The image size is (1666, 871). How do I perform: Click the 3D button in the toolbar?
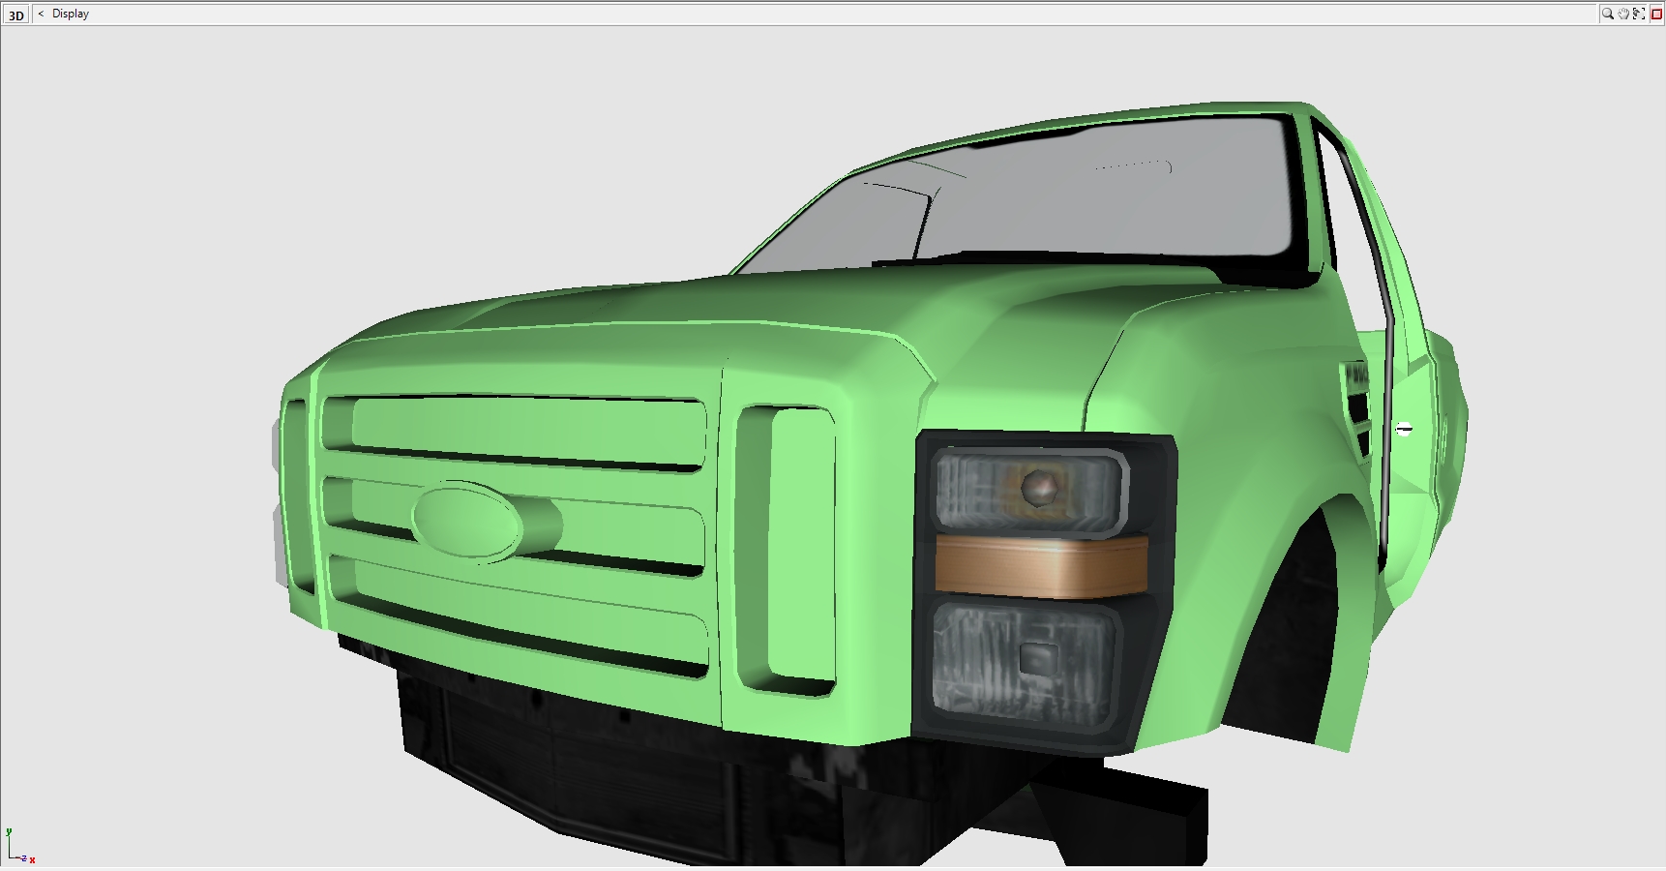[x=16, y=15]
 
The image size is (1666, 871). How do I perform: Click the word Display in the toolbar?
[x=71, y=14]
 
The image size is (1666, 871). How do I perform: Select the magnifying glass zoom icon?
[x=1607, y=14]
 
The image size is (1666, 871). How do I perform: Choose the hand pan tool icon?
[x=1623, y=14]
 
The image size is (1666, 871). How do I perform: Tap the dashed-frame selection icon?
[x=1639, y=14]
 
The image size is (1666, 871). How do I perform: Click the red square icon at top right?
[x=1655, y=14]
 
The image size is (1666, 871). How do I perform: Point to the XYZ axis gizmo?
[x=18, y=846]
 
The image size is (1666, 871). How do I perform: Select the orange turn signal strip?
[x=1041, y=566]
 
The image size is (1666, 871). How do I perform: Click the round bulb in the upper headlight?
[x=1040, y=488]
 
